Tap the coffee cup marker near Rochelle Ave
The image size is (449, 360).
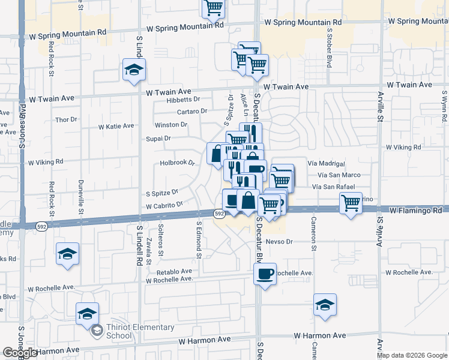click(x=264, y=275)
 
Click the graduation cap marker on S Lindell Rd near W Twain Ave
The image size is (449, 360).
click(x=134, y=70)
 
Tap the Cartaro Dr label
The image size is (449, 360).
click(x=191, y=111)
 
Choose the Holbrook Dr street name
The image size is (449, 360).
click(x=178, y=163)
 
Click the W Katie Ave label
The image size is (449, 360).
click(x=116, y=126)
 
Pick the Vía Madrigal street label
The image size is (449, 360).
click(x=326, y=163)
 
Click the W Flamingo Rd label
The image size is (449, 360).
click(x=415, y=211)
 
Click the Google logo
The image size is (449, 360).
click(x=19, y=353)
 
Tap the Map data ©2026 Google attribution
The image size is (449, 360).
click(x=412, y=355)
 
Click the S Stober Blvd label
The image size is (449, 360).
click(x=329, y=47)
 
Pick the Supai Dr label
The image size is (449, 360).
click(x=158, y=138)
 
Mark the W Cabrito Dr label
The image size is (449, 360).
click(x=163, y=205)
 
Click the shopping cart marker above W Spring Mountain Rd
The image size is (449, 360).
click(x=213, y=7)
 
